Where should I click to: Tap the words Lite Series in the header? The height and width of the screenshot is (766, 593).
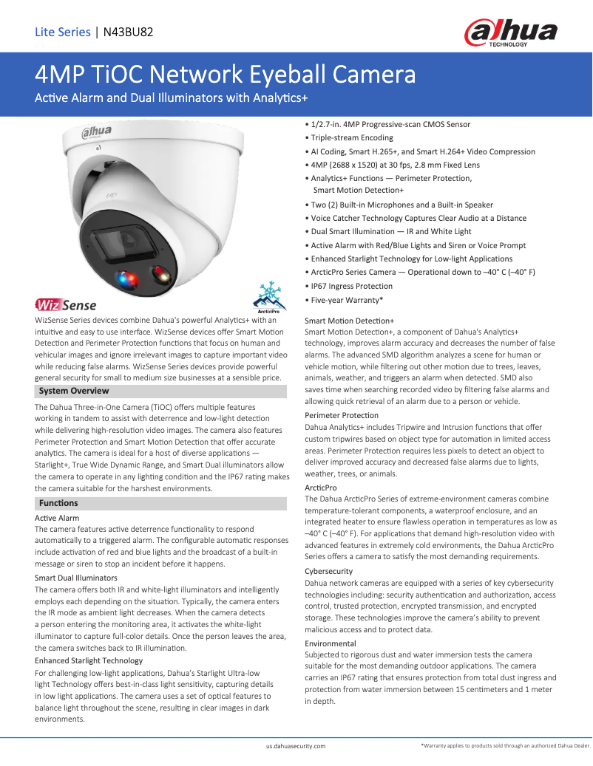pyautogui.click(x=63, y=32)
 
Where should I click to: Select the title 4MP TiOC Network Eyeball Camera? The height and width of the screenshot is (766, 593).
pyautogui.click(x=225, y=75)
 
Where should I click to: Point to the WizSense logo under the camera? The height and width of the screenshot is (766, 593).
pyautogui.click(x=66, y=304)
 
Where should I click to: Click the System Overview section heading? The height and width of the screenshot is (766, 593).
pyautogui.click(x=74, y=391)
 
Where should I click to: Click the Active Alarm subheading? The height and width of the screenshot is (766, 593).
pyautogui.click(x=57, y=519)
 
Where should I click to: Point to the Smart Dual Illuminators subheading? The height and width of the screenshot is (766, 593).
pyautogui.click(x=76, y=578)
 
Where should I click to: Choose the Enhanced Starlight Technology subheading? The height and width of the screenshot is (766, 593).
pyautogui.click(x=89, y=660)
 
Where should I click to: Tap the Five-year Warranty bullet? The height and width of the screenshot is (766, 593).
pyautogui.click(x=346, y=300)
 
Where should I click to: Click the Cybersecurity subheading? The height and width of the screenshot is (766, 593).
pyautogui.click(x=329, y=571)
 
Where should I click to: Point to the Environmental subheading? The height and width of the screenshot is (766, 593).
pyautogui.click(x=331, y=643)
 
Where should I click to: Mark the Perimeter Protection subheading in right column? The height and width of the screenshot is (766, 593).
pyautogui.click(x=342, y=415)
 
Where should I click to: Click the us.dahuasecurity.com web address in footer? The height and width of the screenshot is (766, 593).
pyautogui.click(x=296, y=747)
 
